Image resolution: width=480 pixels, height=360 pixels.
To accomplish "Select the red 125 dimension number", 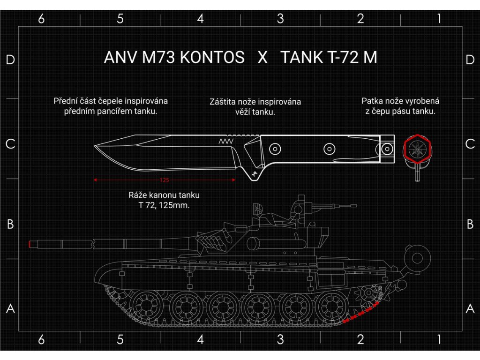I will tap(164, 180).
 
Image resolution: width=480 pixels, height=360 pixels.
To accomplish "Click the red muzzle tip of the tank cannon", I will tap(30, 244).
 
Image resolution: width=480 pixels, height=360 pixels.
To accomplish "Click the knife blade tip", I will tap(95, 146).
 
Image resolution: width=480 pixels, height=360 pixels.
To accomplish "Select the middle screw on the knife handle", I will tap(330, 149).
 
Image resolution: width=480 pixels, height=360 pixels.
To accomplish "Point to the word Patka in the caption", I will tap(371, 101).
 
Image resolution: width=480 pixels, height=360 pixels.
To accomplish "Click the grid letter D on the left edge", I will tap(10, 60).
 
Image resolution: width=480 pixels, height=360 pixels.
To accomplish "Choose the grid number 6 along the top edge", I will tap(41, 19).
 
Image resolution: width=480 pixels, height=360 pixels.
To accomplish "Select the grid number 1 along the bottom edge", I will tap(439, 340).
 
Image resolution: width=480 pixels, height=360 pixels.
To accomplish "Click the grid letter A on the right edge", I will tap(470, 309).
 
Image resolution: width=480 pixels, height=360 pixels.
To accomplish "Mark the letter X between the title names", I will tap(262, 58).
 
